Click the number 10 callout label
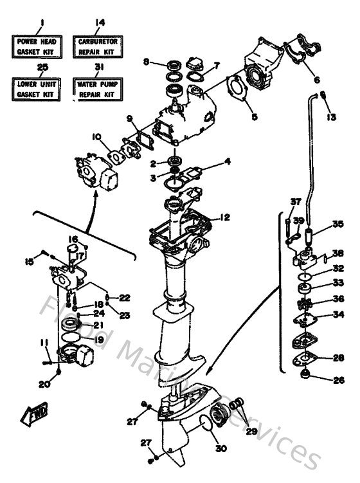click(96, 136)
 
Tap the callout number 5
click(254, 117)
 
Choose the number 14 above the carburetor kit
click(99, 23)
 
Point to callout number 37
click(294, 202)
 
